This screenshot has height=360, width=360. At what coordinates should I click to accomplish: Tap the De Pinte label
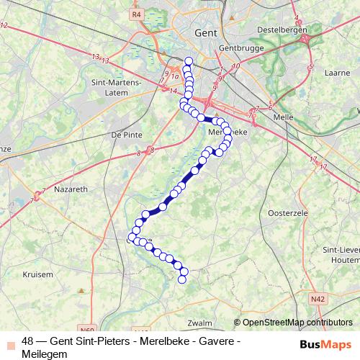point(125,135)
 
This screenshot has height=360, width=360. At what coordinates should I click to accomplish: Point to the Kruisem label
point(38,274)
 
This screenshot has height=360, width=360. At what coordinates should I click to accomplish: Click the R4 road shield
point(137,14)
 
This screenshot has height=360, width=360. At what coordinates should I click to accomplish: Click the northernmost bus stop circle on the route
point(189,61)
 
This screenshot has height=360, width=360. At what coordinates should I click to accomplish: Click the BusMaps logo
point(325,345)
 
